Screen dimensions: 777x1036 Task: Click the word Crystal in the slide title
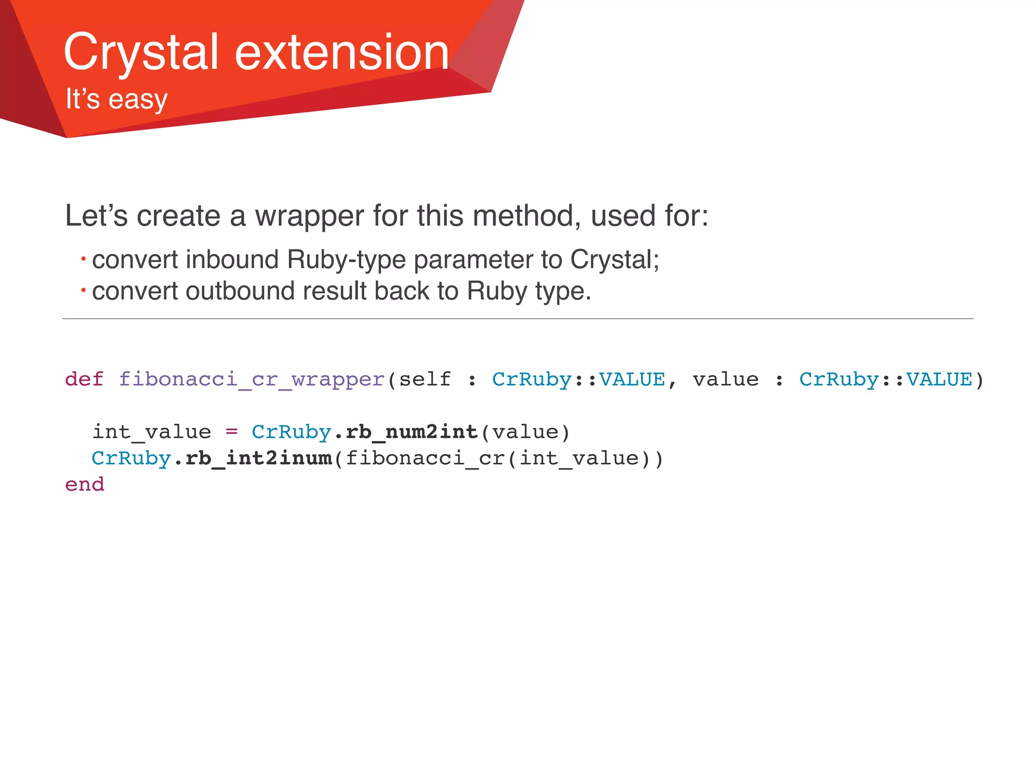pos(141,52)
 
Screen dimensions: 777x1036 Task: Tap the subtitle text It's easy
pos(116,99)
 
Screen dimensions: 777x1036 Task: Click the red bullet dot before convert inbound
pos(83,259)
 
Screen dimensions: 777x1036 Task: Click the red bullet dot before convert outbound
pos(83,290)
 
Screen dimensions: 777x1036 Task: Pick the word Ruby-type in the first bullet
pos(347,260)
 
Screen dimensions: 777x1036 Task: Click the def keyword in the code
pos(84,379)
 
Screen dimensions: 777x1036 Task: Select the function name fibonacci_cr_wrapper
pos(252,379)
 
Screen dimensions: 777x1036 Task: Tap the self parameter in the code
pos(425,379)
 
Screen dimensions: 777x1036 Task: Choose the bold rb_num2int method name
pos(412,431)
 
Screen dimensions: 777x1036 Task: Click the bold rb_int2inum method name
pos(259,458)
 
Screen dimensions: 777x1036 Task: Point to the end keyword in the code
pos(84,484)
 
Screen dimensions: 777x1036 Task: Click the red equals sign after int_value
pos(231,431)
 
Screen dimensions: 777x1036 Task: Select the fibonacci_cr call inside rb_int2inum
pos(425,458)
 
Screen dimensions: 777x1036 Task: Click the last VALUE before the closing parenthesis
pos(939,379)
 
